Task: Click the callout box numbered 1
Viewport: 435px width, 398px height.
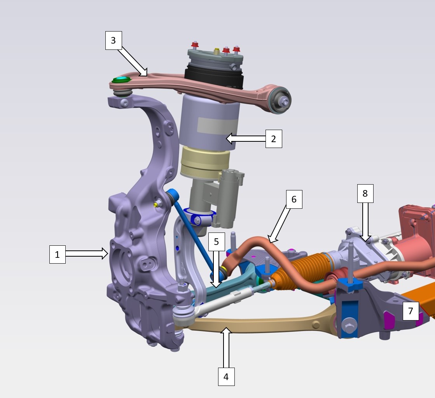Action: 58,254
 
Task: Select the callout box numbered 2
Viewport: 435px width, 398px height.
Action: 274,139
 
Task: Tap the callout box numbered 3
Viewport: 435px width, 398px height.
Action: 114,41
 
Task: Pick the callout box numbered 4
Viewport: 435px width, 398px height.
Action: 226,377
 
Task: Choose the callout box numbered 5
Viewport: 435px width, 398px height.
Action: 217,242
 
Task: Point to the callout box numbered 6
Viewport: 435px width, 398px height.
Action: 294,199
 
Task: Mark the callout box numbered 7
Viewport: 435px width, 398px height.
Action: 411,311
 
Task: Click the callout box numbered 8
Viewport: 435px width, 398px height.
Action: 365,194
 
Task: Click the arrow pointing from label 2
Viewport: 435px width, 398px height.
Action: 246,138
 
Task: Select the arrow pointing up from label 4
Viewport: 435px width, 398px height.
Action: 227,347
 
